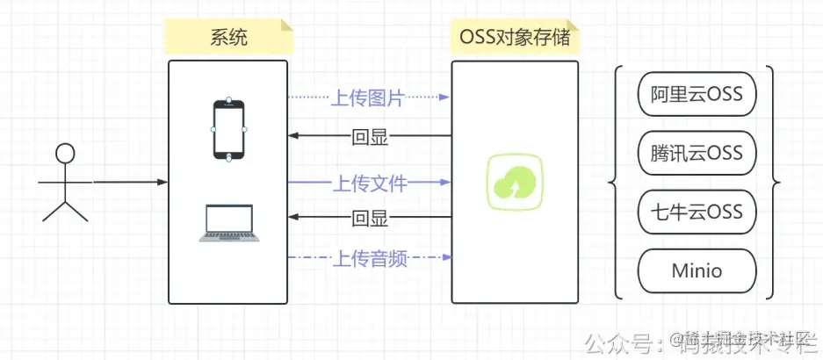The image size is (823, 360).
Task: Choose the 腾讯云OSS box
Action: (x=697, y=153)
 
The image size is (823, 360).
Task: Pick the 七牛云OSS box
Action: (x=697, y=212)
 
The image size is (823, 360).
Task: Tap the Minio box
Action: (x=697, y=270)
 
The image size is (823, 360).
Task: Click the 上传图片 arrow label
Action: (x=368, y=98)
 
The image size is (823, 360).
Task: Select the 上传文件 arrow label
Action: (x=368, y=184)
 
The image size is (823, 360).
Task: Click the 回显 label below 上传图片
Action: (x=369, y=137)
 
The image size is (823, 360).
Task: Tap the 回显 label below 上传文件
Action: (x=369, y=219)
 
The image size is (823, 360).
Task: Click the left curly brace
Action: (x=616, y=183)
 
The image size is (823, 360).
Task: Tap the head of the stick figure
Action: (x=65, y=153)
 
